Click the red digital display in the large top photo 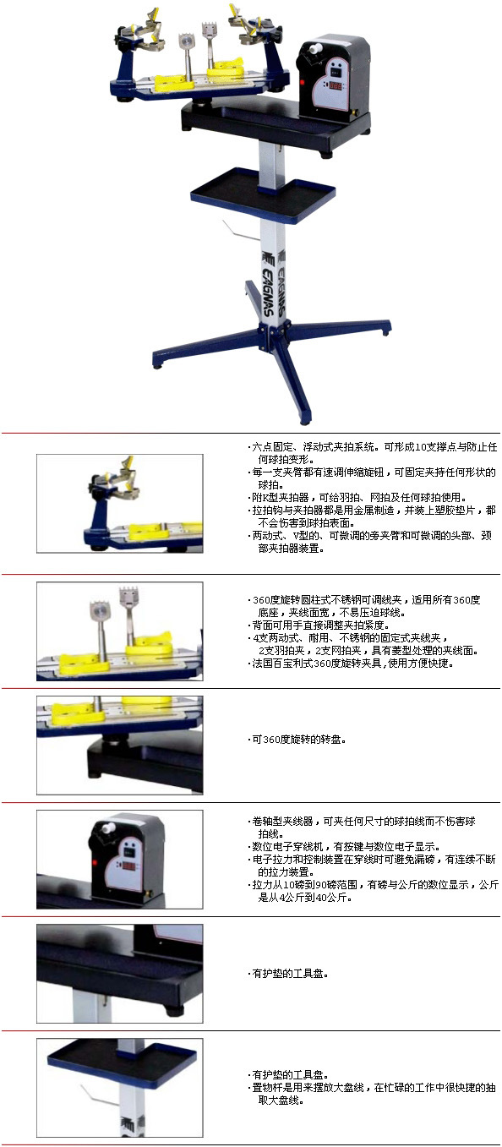336,85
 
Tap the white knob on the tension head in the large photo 313,49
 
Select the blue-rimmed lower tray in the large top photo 264,194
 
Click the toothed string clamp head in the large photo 209,30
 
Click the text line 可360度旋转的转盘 297,740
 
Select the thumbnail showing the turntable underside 120,745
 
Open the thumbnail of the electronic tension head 120,860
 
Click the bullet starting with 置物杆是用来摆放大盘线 372,1093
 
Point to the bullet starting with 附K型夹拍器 357,497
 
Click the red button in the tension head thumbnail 95,862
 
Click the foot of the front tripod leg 304,420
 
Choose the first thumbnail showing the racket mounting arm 120,504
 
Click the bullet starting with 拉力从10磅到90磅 373,890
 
